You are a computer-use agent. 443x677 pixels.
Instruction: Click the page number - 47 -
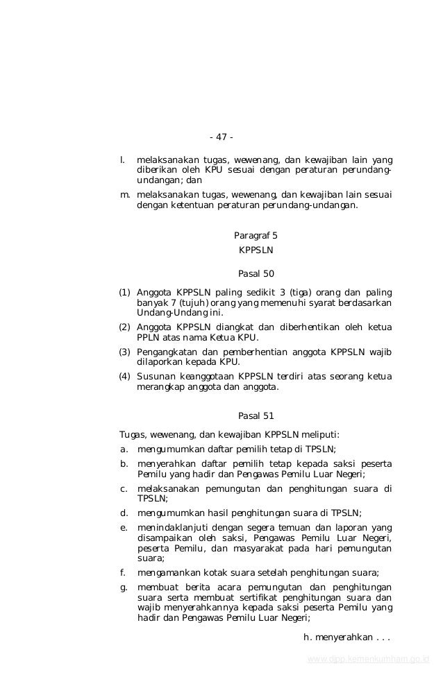tap(221, 136)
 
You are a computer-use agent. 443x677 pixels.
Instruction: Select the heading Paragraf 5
tap(256, 235)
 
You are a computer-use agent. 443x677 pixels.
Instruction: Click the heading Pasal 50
tap(256, 273)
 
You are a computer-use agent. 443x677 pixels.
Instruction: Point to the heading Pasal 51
tap(256, 416)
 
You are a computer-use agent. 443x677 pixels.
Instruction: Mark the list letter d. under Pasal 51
tap(124, 513)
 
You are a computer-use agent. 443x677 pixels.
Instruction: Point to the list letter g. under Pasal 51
tap(124, 588)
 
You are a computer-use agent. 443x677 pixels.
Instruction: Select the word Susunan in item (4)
tap(156, 377)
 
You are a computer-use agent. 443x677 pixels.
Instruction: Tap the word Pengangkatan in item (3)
tap(167, 352)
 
